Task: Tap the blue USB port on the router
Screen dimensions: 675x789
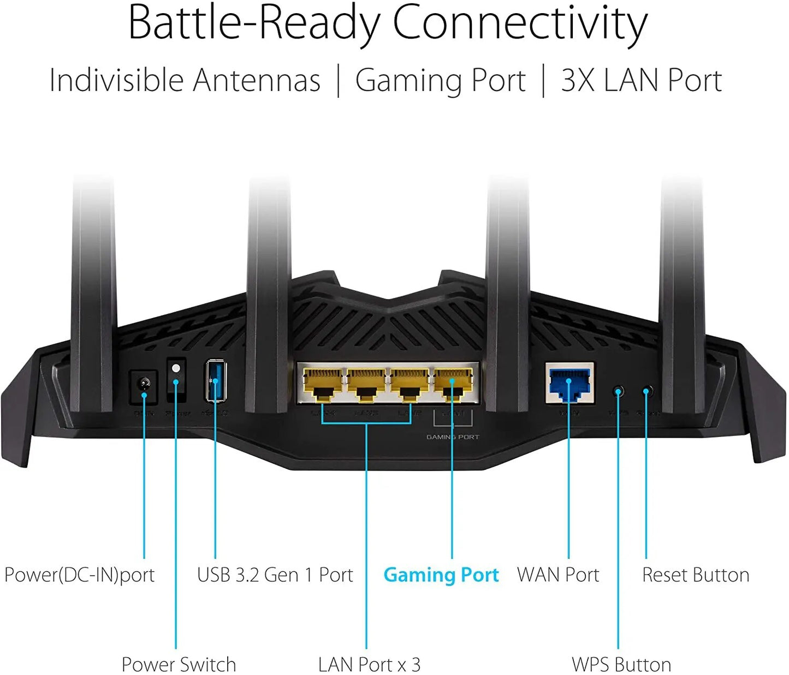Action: coord(216,380)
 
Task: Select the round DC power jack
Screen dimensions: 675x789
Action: coord(144,386)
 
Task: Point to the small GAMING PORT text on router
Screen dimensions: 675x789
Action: coord(453,437)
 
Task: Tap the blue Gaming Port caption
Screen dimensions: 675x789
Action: coord(441,575)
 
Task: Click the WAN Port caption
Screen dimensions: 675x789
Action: coord(558,575)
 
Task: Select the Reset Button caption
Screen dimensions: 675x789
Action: coord(695,575)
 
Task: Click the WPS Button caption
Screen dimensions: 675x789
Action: coord(621,665)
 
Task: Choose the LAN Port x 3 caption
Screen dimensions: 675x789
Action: coord(369,665)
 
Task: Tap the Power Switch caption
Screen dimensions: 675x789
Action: coord(179,665)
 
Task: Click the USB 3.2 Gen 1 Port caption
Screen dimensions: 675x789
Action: coord(275,575)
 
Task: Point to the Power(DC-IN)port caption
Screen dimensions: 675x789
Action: coord(80,575)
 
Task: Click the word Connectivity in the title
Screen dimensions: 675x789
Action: coord(520,23)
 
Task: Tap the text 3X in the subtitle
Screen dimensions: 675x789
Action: coord(578,80)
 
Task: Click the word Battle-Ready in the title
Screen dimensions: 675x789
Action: coord(254,23)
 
